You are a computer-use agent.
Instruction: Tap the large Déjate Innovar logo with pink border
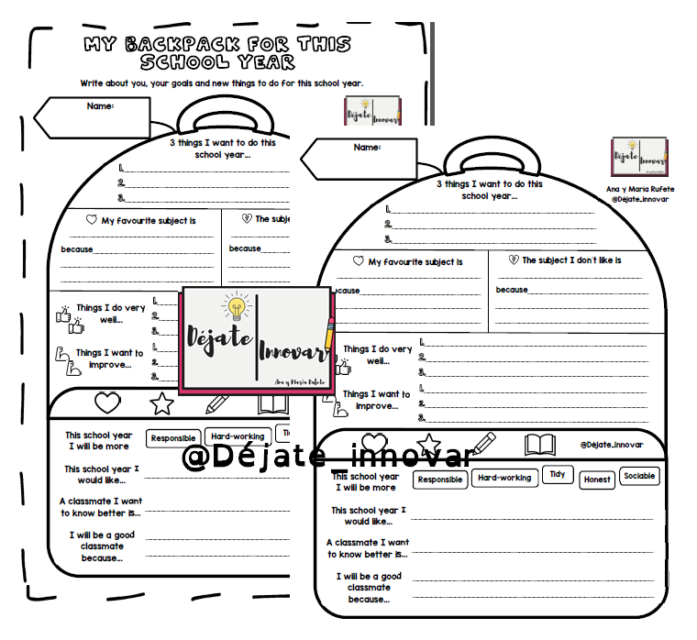click(258, 339)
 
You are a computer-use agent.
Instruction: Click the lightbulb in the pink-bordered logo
click(237, 305)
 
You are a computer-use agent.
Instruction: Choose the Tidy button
click(557, 474)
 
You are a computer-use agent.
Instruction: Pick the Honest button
click(597, 480)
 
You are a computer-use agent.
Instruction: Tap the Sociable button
click(639, 477)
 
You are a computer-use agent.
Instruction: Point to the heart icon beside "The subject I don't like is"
click(514, 260)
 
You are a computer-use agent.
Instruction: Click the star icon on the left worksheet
click(161, 403)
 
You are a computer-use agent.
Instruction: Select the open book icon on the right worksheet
click(540, 445)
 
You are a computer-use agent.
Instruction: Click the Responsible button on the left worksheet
click(173, 438)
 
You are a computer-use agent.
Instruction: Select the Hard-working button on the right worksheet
click(504, 478)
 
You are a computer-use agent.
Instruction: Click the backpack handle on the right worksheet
click(491, 164)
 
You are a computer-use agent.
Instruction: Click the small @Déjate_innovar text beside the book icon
click(612, 445)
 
